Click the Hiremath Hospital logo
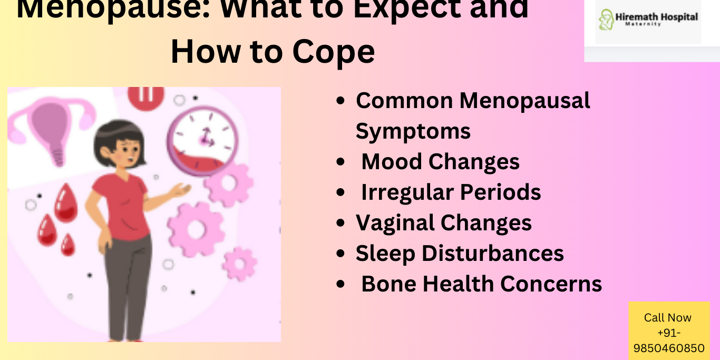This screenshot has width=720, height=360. pyautogui.click(x=648, y=20)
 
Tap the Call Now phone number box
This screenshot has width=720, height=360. pyautogui.click(x=669, y=332)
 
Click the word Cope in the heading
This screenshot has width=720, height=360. pyautogui.click(x=334, y=52)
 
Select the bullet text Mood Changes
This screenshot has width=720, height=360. pyautogui.click(x=440, y=161)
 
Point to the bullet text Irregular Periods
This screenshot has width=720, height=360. pyautogui.click(x=451, y=192)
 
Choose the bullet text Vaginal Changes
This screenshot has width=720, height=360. pyautogui.click(x=443, y=222)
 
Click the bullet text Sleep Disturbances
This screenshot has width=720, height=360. pyautogui.click(x=460, y=253)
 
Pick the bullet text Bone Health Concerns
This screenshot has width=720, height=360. pyautogui.click(x=481, y=284)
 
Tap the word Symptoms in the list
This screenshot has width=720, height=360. pyautogui.click(x=413, y=131)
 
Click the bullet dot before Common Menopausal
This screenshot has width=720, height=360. pyautogui.click(x=340, y=100)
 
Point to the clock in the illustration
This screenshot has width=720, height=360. pyautogui.click(x=202, y=139)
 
